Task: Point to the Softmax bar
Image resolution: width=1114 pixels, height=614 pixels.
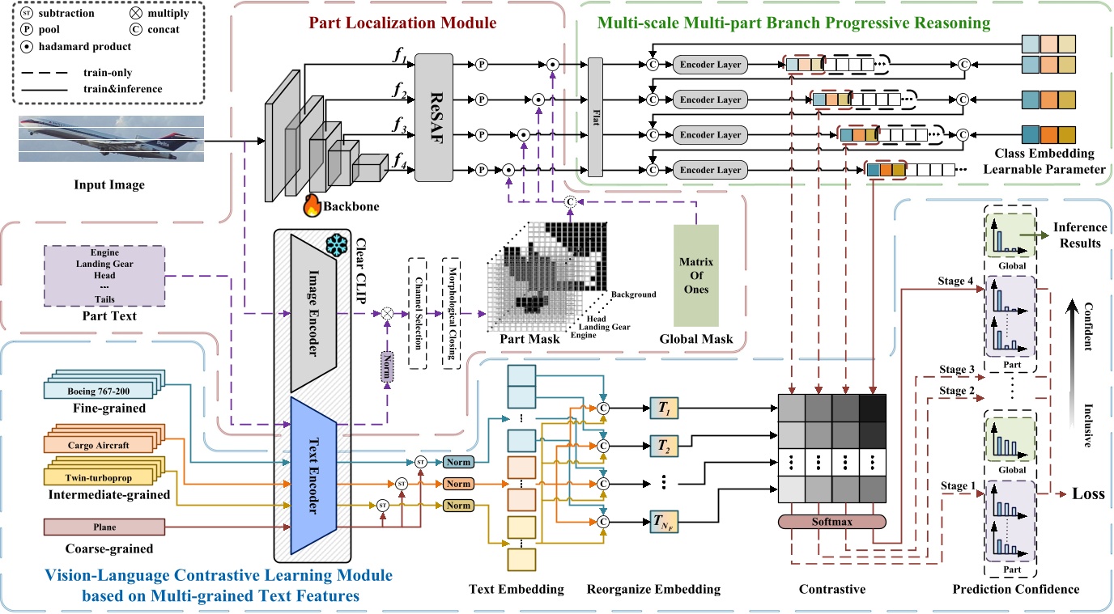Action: (833, 522)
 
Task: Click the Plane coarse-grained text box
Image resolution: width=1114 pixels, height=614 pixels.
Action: (104, 527)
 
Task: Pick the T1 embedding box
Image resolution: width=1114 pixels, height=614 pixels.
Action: (663, 411)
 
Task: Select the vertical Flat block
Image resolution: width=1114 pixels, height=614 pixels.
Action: (597, 117)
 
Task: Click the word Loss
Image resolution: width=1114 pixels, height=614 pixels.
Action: (1090, 493)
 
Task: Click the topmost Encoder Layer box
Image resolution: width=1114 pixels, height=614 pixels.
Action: (711, 64)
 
